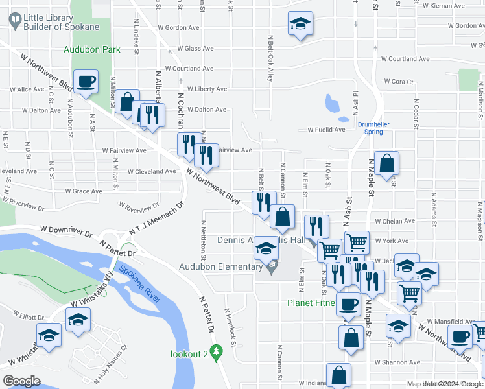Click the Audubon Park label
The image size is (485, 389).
88,49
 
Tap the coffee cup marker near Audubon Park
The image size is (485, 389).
86,82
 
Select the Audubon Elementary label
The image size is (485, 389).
220,266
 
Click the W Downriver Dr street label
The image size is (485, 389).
65,230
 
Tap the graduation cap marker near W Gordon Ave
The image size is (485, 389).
300,25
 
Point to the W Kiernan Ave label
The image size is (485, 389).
451,6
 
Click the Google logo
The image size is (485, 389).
22,381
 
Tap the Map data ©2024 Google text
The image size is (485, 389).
445,384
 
